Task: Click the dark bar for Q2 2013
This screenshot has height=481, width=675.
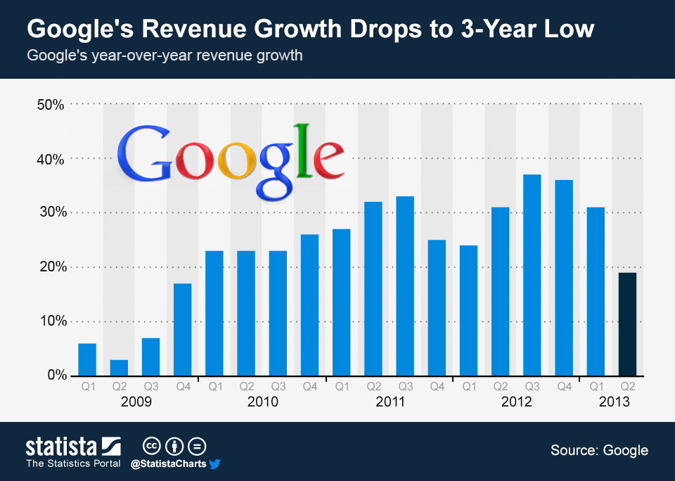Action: click(x=627, y=324)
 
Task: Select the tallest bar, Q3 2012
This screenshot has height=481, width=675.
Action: click(x=532, y=275)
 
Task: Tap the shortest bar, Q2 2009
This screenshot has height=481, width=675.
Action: click(x=119, y=368)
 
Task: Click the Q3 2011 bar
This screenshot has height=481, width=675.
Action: click(x=405, y=286)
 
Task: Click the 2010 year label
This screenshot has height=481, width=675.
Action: click(x=262, y=402)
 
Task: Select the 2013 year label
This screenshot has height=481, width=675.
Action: click(x=615, y=402)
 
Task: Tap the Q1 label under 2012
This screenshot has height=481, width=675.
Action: click(x=469, y=386)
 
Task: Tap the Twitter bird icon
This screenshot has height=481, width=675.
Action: click(x=215, y=464)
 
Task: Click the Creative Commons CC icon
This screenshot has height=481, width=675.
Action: click(x=151, y=446)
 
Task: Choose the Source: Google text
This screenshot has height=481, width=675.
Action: click(x=599, y=450)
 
